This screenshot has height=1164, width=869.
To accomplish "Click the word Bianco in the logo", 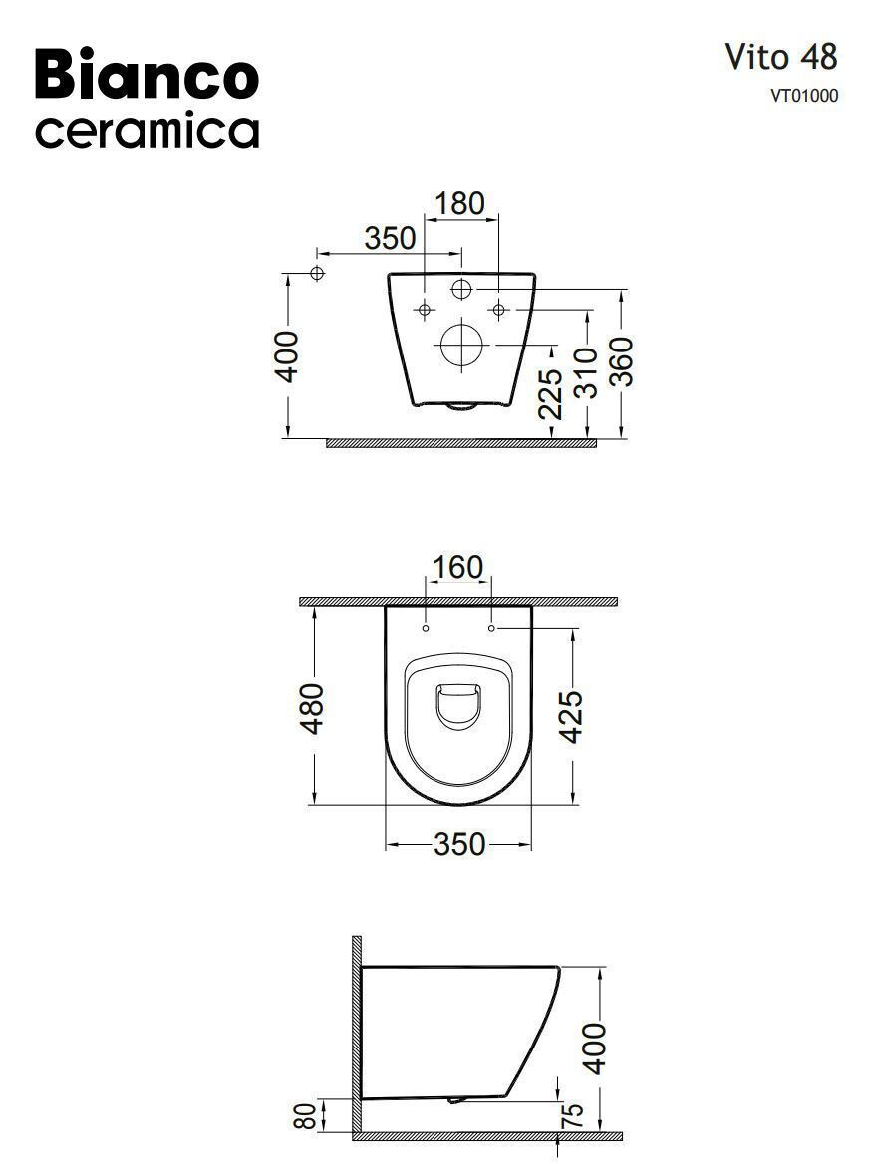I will pyautogui.click(x=146, y=77).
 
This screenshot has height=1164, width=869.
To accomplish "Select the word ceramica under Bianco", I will pyautogui.click(x=146, y=131).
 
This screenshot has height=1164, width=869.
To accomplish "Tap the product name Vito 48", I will pyautogui.click(x=780, y=57).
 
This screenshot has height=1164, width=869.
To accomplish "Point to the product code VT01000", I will pyautogui.click(x=803, y=96).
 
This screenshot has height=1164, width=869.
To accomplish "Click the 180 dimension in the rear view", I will pyautogui.click(x=459, y=203).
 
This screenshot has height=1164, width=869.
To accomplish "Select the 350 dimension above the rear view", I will pyautogui.click(x=389, y=239).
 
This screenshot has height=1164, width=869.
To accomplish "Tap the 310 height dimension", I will pyautogui.click(x=587, y=372).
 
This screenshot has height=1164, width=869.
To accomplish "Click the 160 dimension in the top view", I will pyautogui.click(x=457, y=567).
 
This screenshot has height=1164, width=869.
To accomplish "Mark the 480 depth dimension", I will pyautogui.click(x=313, y=708).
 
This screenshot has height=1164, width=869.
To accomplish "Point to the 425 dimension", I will pyautogui.click(x=571, y=715).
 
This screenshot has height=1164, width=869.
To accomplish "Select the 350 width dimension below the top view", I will pyautogui.click(x=458, y=844).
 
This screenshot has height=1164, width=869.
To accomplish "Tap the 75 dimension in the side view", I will pyautogui.click(x=572, y=1115).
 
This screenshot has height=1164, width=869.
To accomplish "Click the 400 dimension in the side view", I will pyautogui.click(x=594, y=1048).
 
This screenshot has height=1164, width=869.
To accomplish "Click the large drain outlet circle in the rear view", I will pyautogui.click(x=461, y=346).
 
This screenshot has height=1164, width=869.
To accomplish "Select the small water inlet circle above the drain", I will pyautogui.click(x=461, y=289).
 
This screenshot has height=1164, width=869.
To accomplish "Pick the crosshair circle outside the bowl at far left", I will pyautogui.click(x=318, y=273).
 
